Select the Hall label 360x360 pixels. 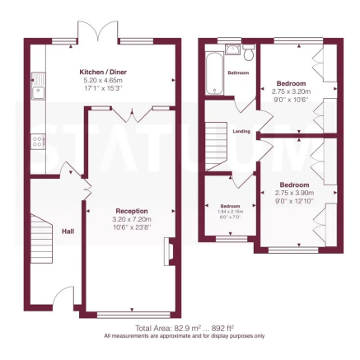pyautogui.click(x=68, y=231)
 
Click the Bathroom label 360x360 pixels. pyautogui.click(x=238, y=72)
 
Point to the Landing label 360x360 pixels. pyautogui.click(x=241, y=130)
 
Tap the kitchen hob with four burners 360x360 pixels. pyautogui.click(x=38, y=141)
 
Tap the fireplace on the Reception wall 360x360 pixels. pyautogui.click(x=169, y=252)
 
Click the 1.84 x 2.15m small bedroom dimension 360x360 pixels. pyautogui.click(x=230, y=212)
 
